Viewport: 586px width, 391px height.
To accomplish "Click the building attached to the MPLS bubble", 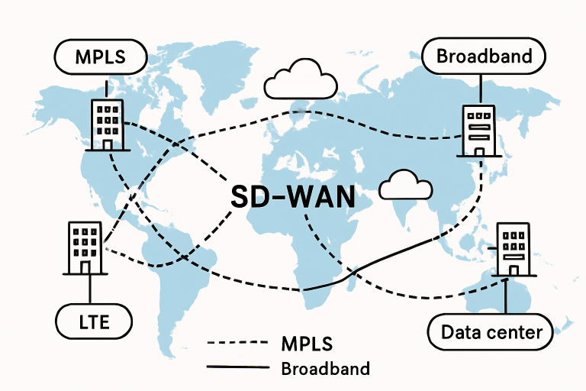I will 107,124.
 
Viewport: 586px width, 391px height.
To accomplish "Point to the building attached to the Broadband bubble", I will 478,130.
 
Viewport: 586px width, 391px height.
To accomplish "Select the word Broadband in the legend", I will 326,369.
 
